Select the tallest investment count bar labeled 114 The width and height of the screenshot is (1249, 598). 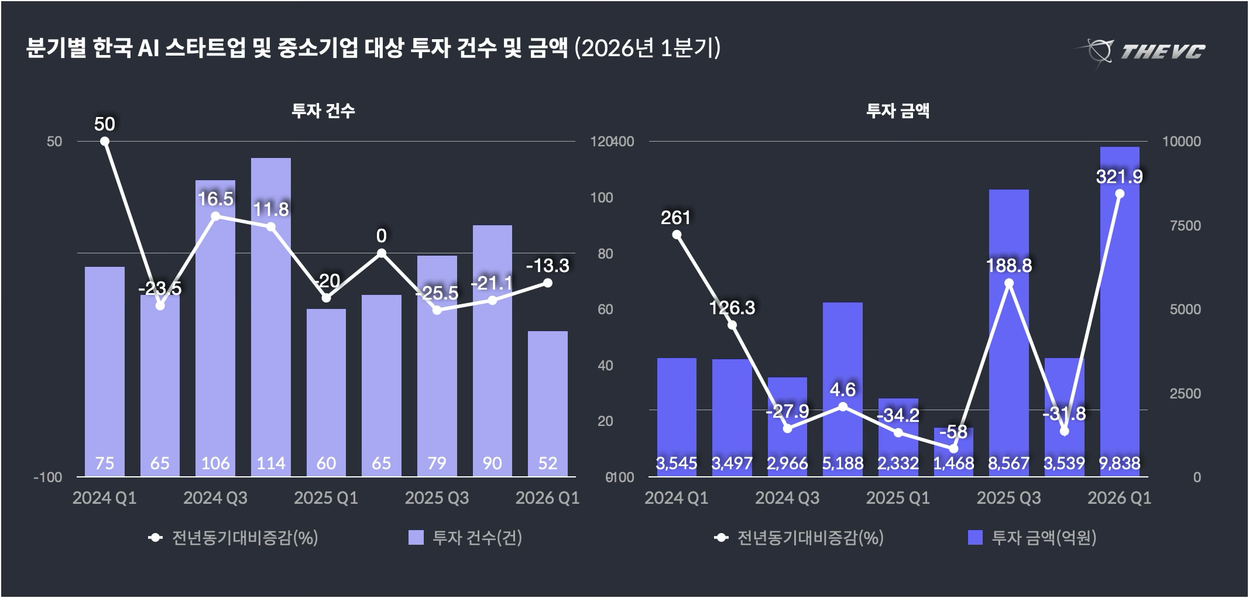tap(271, 316)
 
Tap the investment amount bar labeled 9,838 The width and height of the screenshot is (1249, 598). tap(1120, 310)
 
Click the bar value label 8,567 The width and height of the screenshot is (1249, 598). tap(1009, 463)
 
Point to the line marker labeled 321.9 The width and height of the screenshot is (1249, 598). tap(1120, 194)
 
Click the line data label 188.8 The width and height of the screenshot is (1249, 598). tap(1009, 266)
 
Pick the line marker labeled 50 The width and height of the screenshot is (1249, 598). tap(105, 141)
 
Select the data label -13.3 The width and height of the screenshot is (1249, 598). tap(547, 266)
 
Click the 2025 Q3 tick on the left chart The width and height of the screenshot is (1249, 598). tap(437, 498)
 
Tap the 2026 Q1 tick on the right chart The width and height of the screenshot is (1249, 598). tap(1119, 498)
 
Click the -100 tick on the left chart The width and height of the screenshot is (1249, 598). tap(48, 477)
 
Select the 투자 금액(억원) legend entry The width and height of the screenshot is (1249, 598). tap(1032, 538)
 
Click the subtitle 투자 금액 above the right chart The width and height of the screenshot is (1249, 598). tap(898, 111)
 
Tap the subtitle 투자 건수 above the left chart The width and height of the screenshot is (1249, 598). tap(323, 111)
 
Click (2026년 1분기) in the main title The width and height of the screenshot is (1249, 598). tap(647, 49)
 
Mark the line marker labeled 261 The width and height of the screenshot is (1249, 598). tap(677, 235)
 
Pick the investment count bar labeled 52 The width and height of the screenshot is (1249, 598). tap(548, 404)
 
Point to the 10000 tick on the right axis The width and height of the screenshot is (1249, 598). tap(1181, 142)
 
